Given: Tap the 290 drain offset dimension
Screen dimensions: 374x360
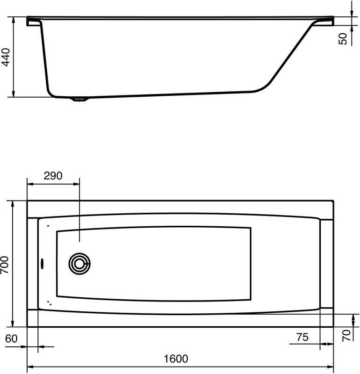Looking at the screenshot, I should pos(53,176).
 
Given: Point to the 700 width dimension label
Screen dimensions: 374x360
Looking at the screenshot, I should pos(5,264).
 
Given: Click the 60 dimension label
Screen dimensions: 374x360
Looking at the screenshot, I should pos(12,338).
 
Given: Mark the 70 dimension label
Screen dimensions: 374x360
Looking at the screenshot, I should pos(346,336).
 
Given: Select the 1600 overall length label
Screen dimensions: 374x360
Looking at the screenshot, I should pos(176,359).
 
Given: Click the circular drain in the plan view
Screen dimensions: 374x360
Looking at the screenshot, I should pos(78,264).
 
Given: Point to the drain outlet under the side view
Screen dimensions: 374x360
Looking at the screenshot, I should pos(79,100).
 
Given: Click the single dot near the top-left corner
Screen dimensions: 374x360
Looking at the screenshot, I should pos(48,226).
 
